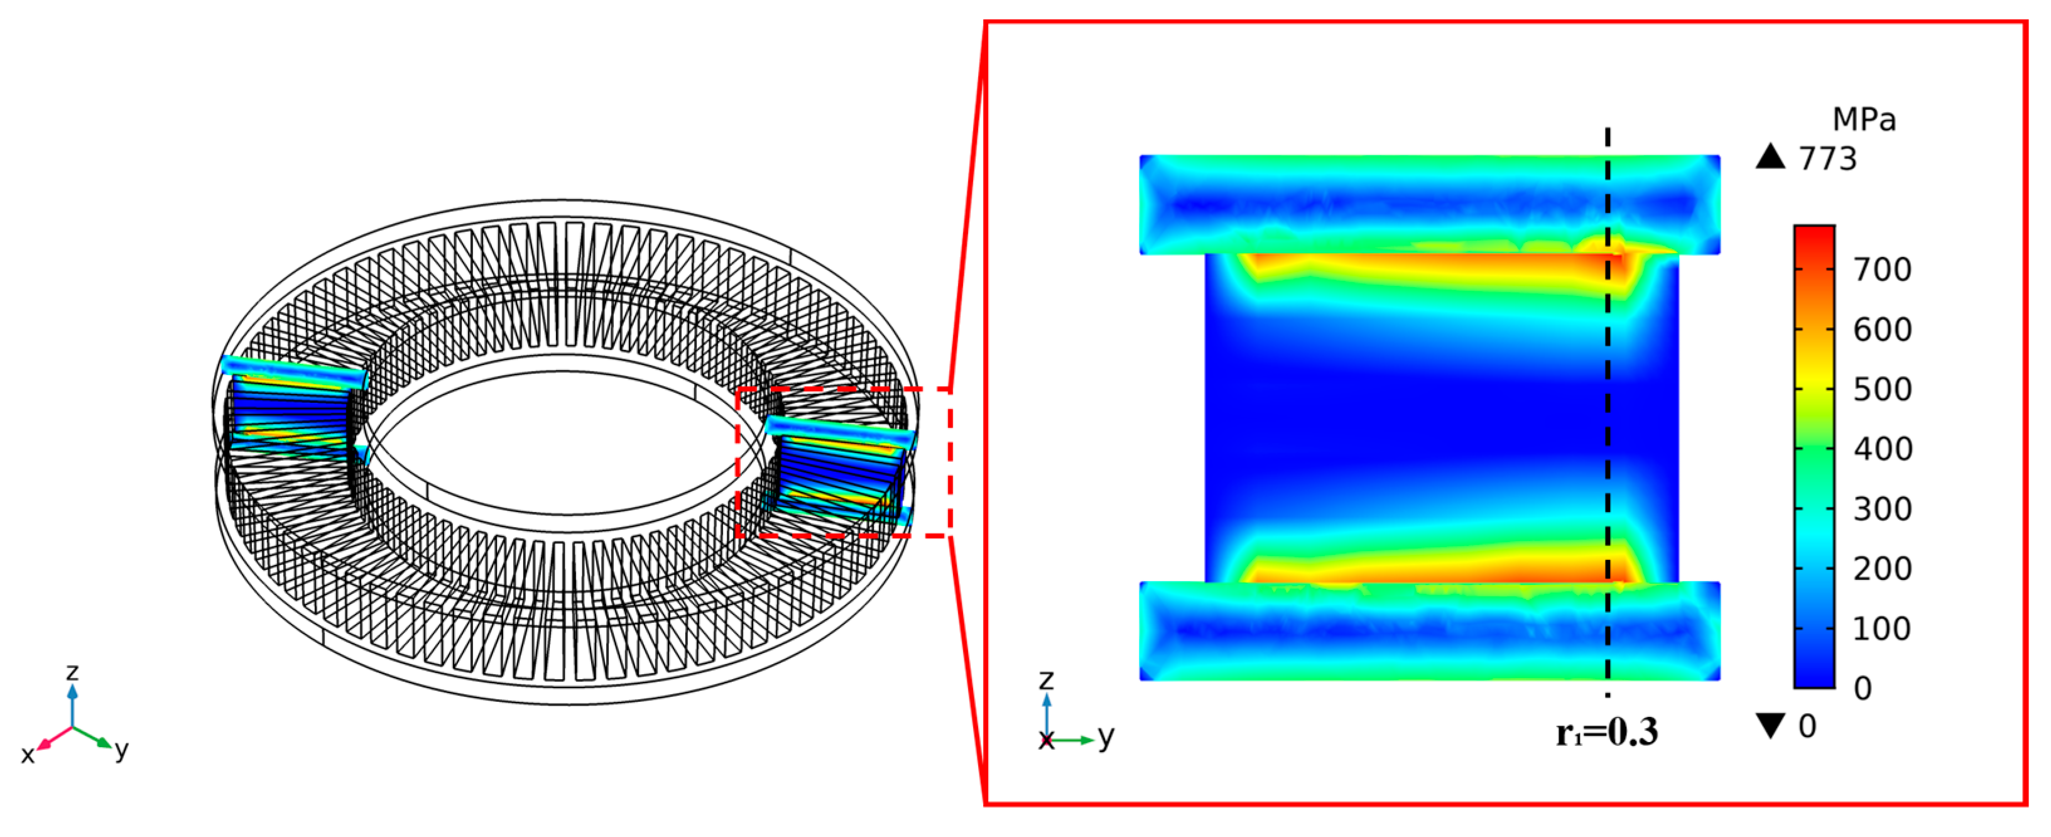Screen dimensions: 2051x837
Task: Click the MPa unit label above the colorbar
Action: pyautogui.click(x=1864, y=119)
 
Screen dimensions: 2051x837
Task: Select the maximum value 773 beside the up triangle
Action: pyautogui.click(x=1828, y=159)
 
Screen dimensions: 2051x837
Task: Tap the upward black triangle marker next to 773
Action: pyautogui.click(x=1771, y=156)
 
